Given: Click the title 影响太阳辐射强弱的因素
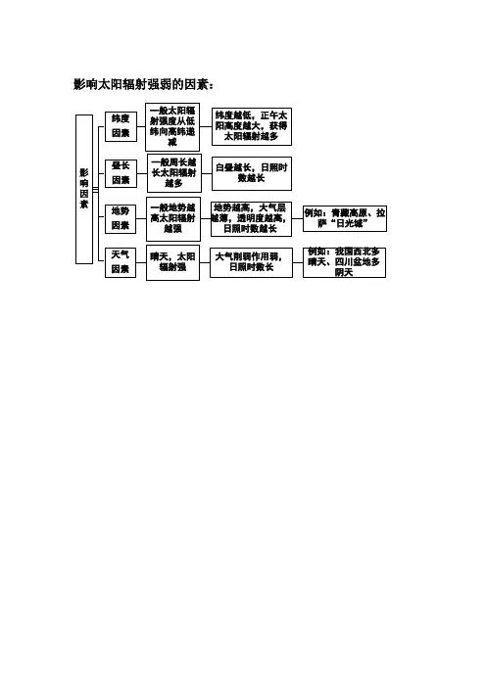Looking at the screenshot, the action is point(143,84).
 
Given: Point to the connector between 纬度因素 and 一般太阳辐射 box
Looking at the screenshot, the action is point(141,127).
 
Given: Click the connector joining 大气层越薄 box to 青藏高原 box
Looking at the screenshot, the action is point(297,218).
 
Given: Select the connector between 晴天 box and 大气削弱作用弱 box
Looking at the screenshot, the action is point(205,262).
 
